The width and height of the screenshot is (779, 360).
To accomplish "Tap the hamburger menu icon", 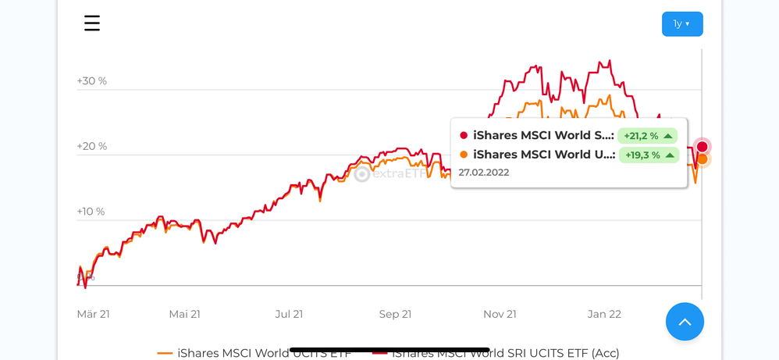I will click(92, 23).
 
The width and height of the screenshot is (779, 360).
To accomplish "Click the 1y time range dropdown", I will click(682, 24).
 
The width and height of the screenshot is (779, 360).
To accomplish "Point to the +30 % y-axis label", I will click(92, 80).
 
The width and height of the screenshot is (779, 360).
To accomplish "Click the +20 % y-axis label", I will click(92, 146).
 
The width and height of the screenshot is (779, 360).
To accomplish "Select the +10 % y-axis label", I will click(91, 212).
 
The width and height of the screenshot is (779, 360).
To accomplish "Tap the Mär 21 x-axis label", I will click(94, 314).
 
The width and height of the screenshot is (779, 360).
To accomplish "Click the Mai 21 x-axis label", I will click(185, 314).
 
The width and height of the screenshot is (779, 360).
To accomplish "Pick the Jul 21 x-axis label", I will click(289, 314).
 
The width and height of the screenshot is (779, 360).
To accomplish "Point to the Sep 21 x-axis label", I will click(396, 314).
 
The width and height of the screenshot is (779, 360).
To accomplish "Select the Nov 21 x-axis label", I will click(500, 314).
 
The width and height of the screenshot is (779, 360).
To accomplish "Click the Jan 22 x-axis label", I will click(604, 314).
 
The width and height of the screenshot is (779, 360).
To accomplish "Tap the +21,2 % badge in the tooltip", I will click(647, 136).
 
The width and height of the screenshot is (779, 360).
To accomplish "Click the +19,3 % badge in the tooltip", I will click(647, 155).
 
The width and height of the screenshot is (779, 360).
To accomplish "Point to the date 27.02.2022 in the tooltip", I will click(484, 173).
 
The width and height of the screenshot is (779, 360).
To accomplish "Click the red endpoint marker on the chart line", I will click(703, 147).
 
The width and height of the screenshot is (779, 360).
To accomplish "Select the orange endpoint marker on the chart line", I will click(703, 159).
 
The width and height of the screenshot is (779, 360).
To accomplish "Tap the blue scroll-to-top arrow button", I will click(685, 322).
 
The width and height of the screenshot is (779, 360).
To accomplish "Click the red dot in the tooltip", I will click(464, 136).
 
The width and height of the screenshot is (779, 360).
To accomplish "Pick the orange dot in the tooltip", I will click(464, 155).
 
